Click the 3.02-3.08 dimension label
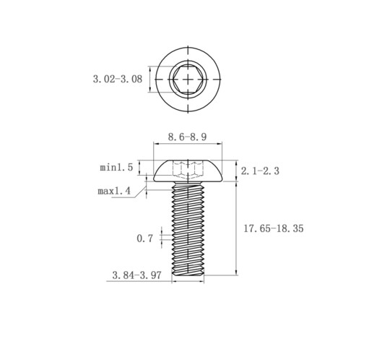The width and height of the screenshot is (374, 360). click(118, 79)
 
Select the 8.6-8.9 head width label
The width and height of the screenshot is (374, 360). click(187, 137)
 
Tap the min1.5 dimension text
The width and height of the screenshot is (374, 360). click(116, 167)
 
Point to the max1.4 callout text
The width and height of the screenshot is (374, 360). click(114, 191)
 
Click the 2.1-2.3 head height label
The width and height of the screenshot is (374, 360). click(260, 171)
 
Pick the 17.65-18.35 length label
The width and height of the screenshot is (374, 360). click(274, 228)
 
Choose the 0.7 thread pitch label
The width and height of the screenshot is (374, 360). click(145, 239)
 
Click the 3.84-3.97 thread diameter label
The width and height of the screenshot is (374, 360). click(136, 275)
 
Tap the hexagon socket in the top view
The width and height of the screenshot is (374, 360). click(188, 79)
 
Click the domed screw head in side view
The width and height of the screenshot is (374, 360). click(188, 171)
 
